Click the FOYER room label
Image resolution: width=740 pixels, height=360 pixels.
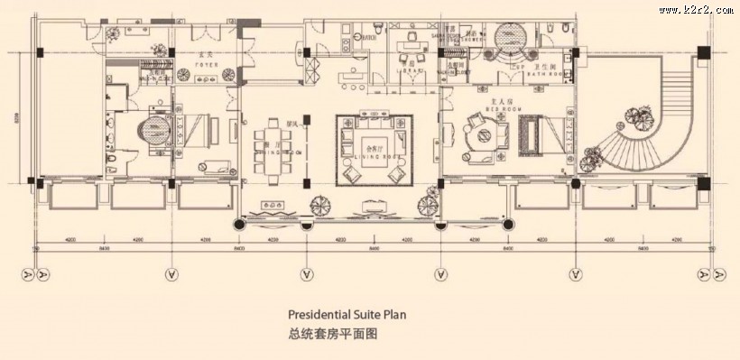click(x=207, y=65)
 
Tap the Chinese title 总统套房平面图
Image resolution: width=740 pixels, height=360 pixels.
click(x=331, y=333)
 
